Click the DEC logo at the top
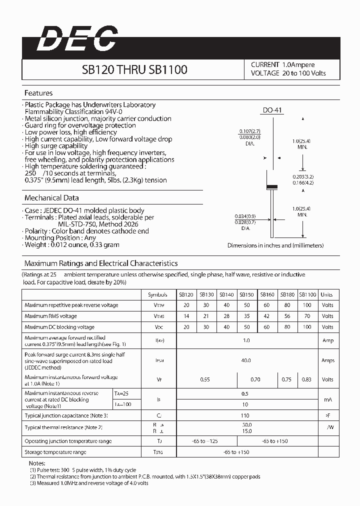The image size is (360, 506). (x=77, y=38)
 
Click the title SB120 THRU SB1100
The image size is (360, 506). (x=134, y=69)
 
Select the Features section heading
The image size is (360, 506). (x=38, y=93)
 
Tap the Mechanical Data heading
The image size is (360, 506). (x=51, y=198)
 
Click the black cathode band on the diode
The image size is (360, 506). (x=271, y=187)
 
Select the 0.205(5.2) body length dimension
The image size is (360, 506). (x=303, y=176)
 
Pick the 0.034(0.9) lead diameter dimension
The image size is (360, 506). (x=244, y=216)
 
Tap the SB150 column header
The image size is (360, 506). (x=246, y=294)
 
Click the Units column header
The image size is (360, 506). (x=327, y=294)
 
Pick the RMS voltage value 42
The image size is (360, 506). (x=266, y=316)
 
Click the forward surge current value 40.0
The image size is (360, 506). (x=245, y=360)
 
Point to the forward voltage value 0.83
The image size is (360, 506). (x=306, y=379)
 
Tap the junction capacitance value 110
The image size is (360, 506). (x=245, y=415)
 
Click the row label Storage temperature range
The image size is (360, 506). (x=55, y=452)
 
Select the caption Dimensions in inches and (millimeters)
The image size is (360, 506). (x=275, y=245)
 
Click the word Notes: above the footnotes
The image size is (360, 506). (x=37, y=463)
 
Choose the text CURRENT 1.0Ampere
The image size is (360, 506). (x=282, y=65)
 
